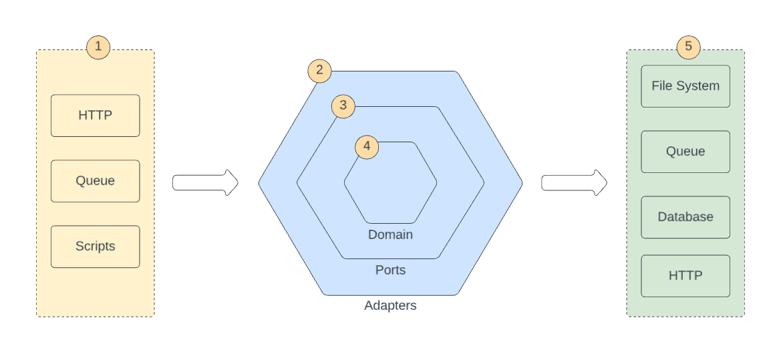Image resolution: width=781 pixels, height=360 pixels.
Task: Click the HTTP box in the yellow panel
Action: (95, 116)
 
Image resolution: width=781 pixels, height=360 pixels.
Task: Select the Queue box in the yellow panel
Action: (95, 181)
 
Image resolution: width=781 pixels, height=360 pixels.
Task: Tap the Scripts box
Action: (95, 246)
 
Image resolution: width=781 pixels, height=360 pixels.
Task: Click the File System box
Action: (685, 86)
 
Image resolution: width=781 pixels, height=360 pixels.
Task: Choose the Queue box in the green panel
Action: (685, 152)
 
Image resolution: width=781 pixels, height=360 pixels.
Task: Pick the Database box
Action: (685, 217)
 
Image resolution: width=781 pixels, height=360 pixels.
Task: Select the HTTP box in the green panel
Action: (685, 276)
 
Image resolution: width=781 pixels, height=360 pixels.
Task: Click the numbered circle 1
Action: (98, 47)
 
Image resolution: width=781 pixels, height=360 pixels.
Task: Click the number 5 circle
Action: (688, 47)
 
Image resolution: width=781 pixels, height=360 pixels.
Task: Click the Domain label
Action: (390, 235)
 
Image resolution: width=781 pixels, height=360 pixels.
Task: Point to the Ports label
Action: (390, 271)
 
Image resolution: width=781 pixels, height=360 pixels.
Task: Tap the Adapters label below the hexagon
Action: (390, 306)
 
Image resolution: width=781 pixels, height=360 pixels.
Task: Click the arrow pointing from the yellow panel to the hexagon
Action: (205, 183)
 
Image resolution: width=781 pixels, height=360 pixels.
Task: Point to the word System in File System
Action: (699, 86)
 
